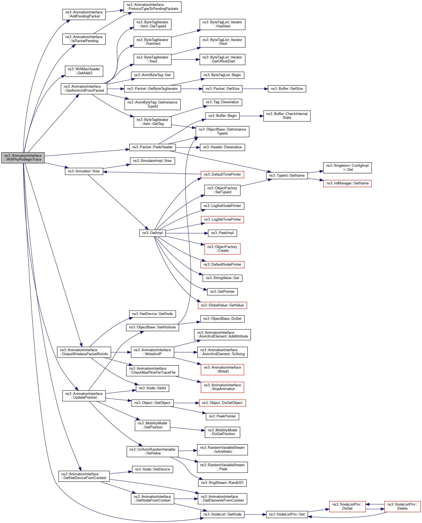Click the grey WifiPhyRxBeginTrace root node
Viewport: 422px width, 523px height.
[x=23, y=158]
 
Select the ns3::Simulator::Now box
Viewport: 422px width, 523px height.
[x=84, y=171]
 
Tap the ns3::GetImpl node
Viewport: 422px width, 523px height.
[x=152, y=233]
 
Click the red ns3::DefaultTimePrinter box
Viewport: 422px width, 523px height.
[x=222, y=175]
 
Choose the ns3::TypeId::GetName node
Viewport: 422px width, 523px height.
[x=287, y=176]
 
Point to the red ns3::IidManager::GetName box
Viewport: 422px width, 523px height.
[x=347, y=183]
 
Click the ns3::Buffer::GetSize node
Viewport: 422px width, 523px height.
[x=287, y=89]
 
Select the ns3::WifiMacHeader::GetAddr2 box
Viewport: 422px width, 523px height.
[x=84, y=71]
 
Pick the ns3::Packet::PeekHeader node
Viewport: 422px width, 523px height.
[x=152, y=147]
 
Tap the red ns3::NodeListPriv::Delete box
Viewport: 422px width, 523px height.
[x=402, y=506]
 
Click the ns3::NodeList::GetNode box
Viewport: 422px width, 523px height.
[x=222, y=514]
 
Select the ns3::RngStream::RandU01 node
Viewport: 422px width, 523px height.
[x=222, y=483]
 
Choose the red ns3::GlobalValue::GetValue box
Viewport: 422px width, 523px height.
[x=222, y=305]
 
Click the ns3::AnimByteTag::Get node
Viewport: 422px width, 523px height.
[x=152, y=75]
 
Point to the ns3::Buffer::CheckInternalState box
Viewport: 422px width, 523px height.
[x=287, y=116]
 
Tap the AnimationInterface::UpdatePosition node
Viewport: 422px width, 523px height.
[x=84, y=396]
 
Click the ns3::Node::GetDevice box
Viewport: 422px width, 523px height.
[x=152, y=469]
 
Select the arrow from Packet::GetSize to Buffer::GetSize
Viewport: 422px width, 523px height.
[x=255, y=89]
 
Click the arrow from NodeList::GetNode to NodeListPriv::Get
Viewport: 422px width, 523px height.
[x=255, y=514]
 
